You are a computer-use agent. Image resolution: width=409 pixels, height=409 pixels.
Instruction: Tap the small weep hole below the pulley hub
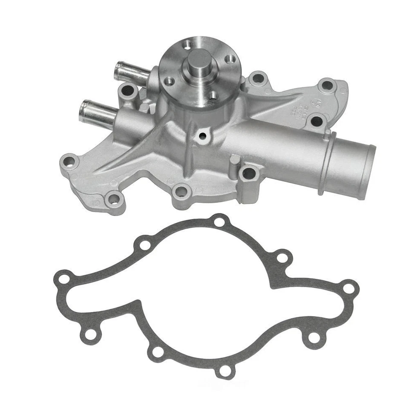pos(202,136)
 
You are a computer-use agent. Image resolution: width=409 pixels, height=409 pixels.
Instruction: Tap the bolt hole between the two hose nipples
pos(126,90)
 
